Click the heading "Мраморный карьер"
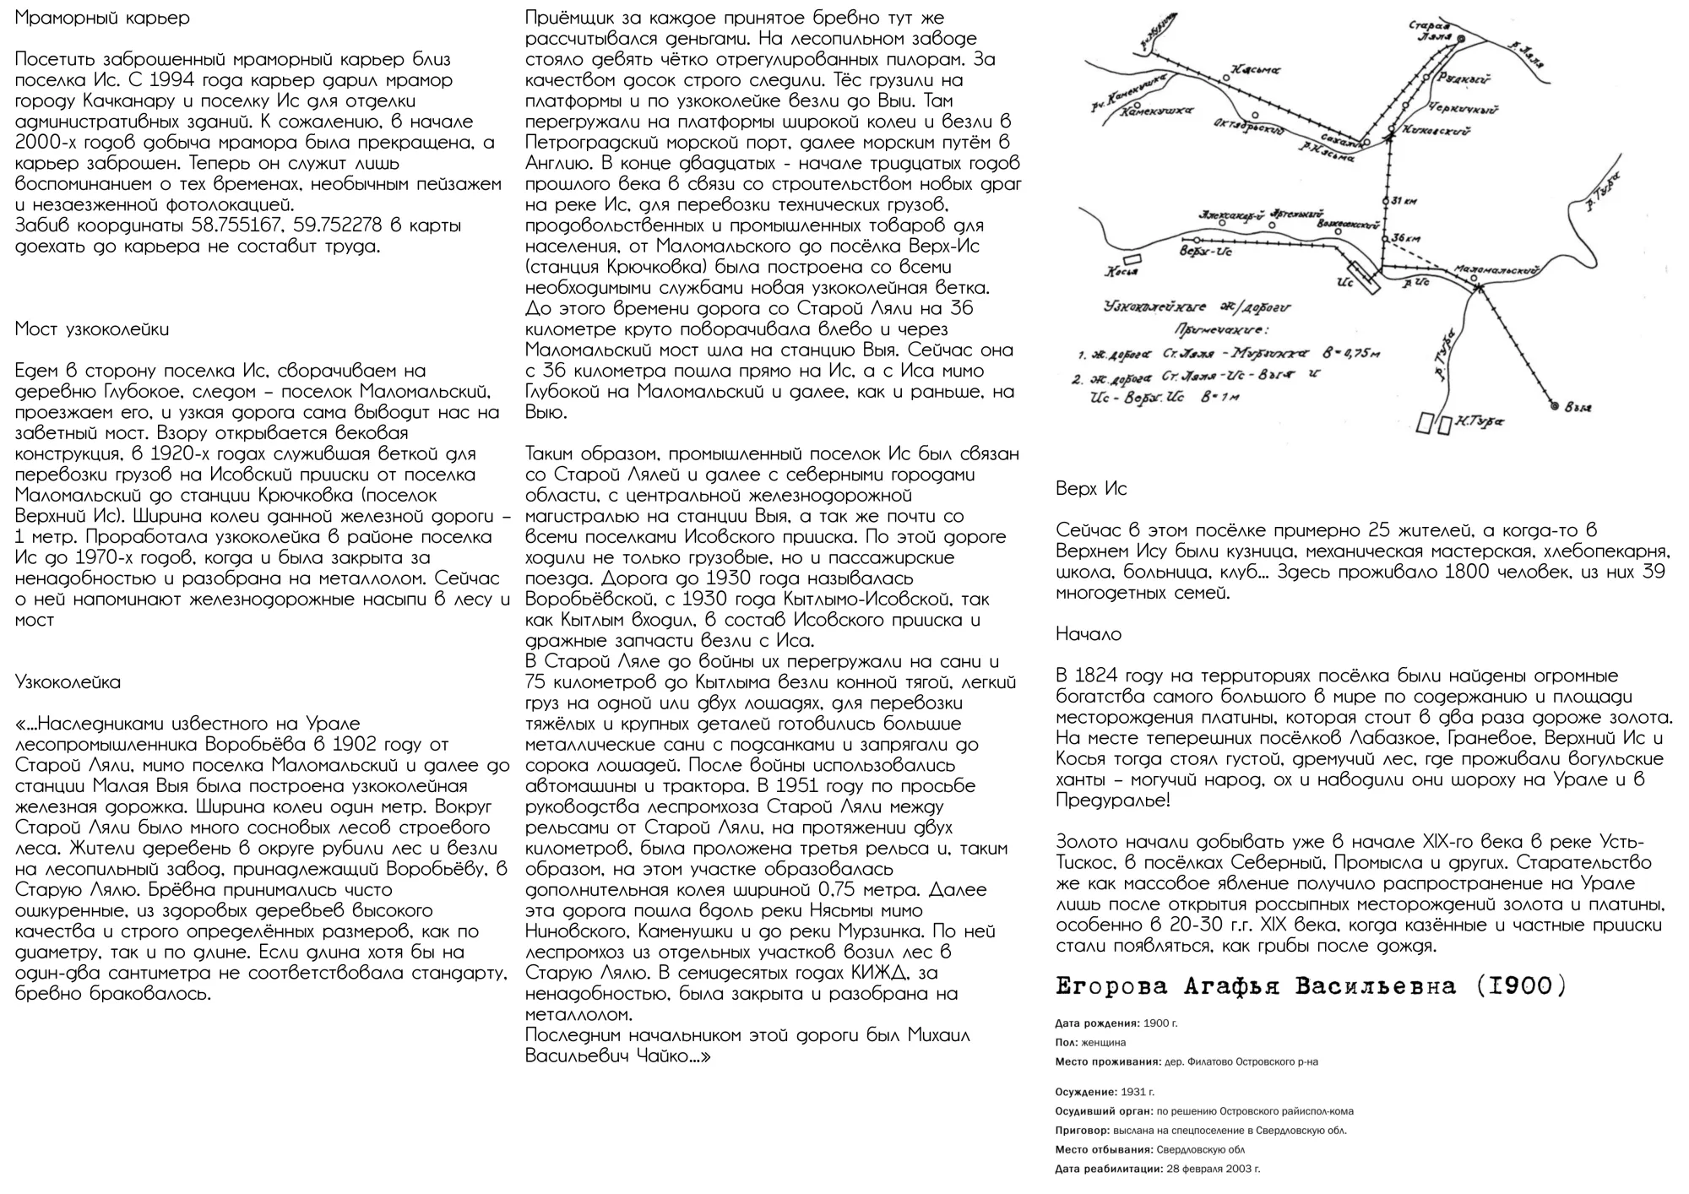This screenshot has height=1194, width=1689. (x=102, y=18)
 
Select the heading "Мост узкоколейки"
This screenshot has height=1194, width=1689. (x=92, y=329)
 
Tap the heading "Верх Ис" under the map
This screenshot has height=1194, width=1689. (x=1091, y=489)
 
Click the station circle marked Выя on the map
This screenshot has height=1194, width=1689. (x=1555, y=407)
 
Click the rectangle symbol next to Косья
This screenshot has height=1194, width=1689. (x=1130, y=262)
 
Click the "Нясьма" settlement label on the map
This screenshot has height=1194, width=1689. (x=1255, y=70)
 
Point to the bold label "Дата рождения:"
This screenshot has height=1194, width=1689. (x=1097, y=1023)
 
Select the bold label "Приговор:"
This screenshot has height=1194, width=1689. (x=1083, y=1131)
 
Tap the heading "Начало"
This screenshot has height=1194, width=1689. (x=1089, y=634)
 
